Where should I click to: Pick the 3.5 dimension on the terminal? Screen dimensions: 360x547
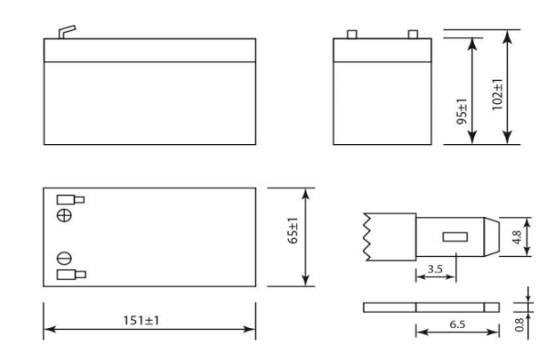437,271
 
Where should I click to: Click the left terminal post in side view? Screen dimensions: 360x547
349,36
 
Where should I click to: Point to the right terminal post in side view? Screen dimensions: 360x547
412,36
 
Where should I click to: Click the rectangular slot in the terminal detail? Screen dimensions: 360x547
453,238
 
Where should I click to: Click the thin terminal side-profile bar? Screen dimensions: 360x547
432,306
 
